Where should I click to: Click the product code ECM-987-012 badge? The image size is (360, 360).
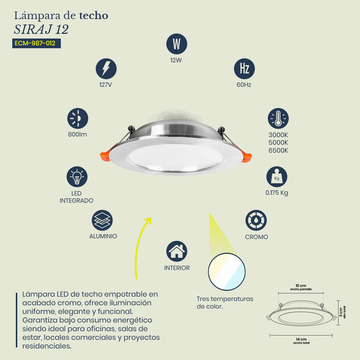[x=36, y=43]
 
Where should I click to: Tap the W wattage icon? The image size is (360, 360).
[x=176, y=44]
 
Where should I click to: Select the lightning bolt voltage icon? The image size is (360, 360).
[x=106, y=68]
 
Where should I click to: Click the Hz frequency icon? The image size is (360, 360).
[x=244, y=68]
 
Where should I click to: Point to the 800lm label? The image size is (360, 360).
[x=77, y=134]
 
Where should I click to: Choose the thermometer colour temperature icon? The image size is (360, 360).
[x=278, y=118]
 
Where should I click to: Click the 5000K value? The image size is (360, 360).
[x=278, y=142]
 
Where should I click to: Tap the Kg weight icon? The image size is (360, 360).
[x=276, y=177]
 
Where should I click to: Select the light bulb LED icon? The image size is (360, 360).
[x=77, y=177]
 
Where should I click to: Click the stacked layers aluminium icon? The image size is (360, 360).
[x=102, y=220]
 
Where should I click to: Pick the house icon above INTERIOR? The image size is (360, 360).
[x=176, y=251]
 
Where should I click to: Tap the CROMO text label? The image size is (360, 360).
[x=256, y=237]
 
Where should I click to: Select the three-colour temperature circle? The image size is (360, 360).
[x=226, y=271]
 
